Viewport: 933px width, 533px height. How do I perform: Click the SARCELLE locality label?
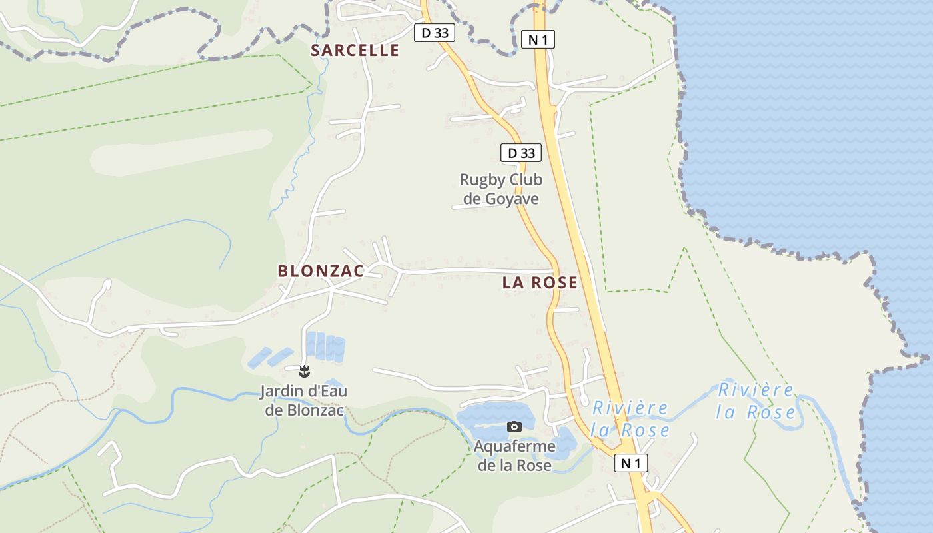coord(355,50)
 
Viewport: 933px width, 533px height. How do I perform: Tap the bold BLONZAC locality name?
coord(321,270)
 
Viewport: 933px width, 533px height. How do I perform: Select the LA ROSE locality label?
coord(540,282)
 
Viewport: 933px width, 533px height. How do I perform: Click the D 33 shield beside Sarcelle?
coord(435,33)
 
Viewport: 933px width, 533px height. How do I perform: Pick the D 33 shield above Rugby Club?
coord(521,153)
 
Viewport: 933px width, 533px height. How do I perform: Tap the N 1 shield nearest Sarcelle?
coord(537,39)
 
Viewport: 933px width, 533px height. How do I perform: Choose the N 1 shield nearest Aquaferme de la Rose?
coord(630,463)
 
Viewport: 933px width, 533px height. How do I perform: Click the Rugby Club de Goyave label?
coord(501,189)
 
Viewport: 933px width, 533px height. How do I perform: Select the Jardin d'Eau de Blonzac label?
coord(304,400)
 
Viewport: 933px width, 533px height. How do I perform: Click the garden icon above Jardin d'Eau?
coord(305,370)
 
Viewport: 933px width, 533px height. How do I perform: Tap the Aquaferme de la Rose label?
coord(514,456)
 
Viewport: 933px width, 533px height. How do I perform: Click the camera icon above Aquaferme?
coord(514,426)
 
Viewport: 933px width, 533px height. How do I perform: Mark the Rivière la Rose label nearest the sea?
coord(756,401)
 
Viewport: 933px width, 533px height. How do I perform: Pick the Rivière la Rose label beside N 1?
coord(630,418)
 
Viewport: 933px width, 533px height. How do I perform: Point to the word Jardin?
coord(280,391)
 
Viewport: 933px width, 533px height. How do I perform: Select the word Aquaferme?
coord(514,446)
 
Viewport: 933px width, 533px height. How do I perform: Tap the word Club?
coord(526,179)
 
